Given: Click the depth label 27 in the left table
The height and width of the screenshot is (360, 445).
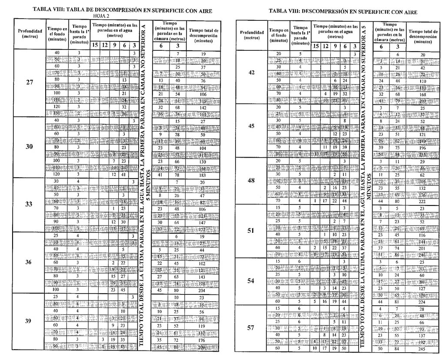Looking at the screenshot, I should coord(30,83).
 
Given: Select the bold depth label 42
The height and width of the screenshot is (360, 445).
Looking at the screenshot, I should coord(252,73).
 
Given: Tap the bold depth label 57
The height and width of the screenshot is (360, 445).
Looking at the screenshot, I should coord(251,328).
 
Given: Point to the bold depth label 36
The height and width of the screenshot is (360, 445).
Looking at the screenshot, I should coord(30,262).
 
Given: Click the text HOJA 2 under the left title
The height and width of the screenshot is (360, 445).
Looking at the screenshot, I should coord(101,16).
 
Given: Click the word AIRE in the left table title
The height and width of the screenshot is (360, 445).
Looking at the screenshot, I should coord(203,10).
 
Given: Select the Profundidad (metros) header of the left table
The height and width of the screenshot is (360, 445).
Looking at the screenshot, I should coord(30,33).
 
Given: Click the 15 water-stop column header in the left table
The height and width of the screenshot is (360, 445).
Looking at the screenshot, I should coord(95,45).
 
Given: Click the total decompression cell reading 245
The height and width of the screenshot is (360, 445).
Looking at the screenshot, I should coord(422,348).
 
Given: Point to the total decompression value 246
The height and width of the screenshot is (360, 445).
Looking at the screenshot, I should coord(422,255).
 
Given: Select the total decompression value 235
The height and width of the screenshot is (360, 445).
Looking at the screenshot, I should coord(422,154).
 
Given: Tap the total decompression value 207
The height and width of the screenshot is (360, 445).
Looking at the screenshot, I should coord(422,101).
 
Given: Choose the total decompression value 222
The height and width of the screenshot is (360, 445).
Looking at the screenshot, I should coord(422,201).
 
